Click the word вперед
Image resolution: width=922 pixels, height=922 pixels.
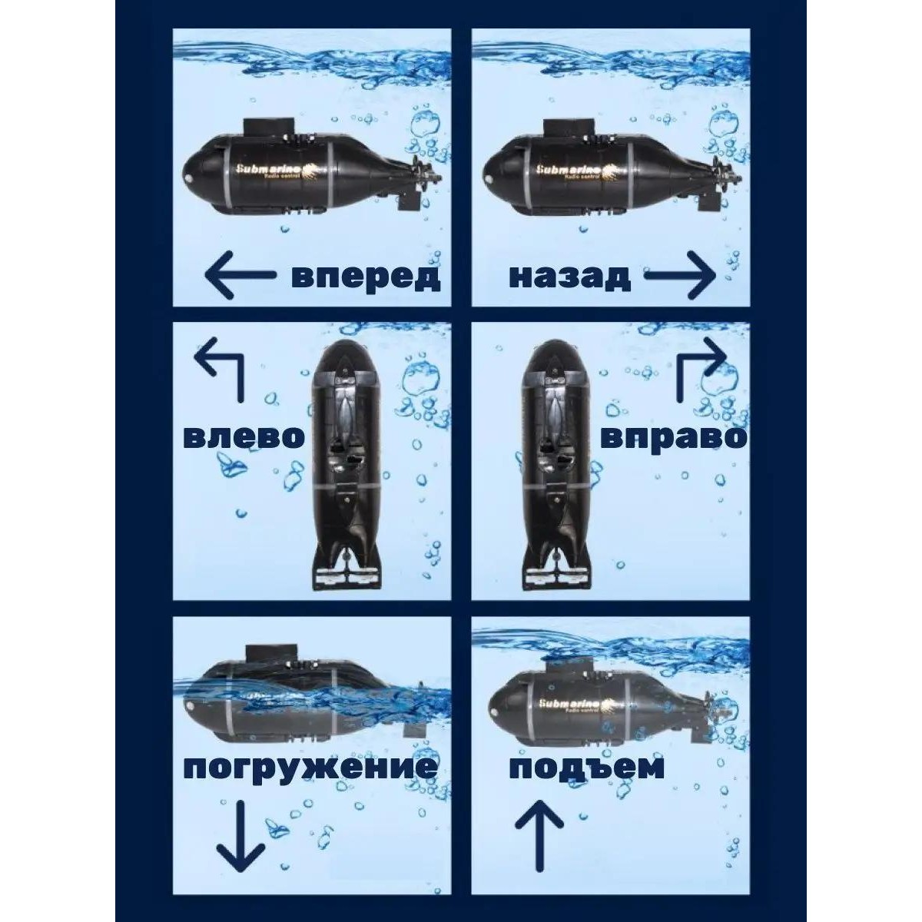coord(366,277)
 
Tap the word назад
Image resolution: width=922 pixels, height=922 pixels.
coord(569,277)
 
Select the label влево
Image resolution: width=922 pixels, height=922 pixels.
coord(244,436)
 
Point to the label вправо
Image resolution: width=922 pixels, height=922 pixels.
coord(674,438)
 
